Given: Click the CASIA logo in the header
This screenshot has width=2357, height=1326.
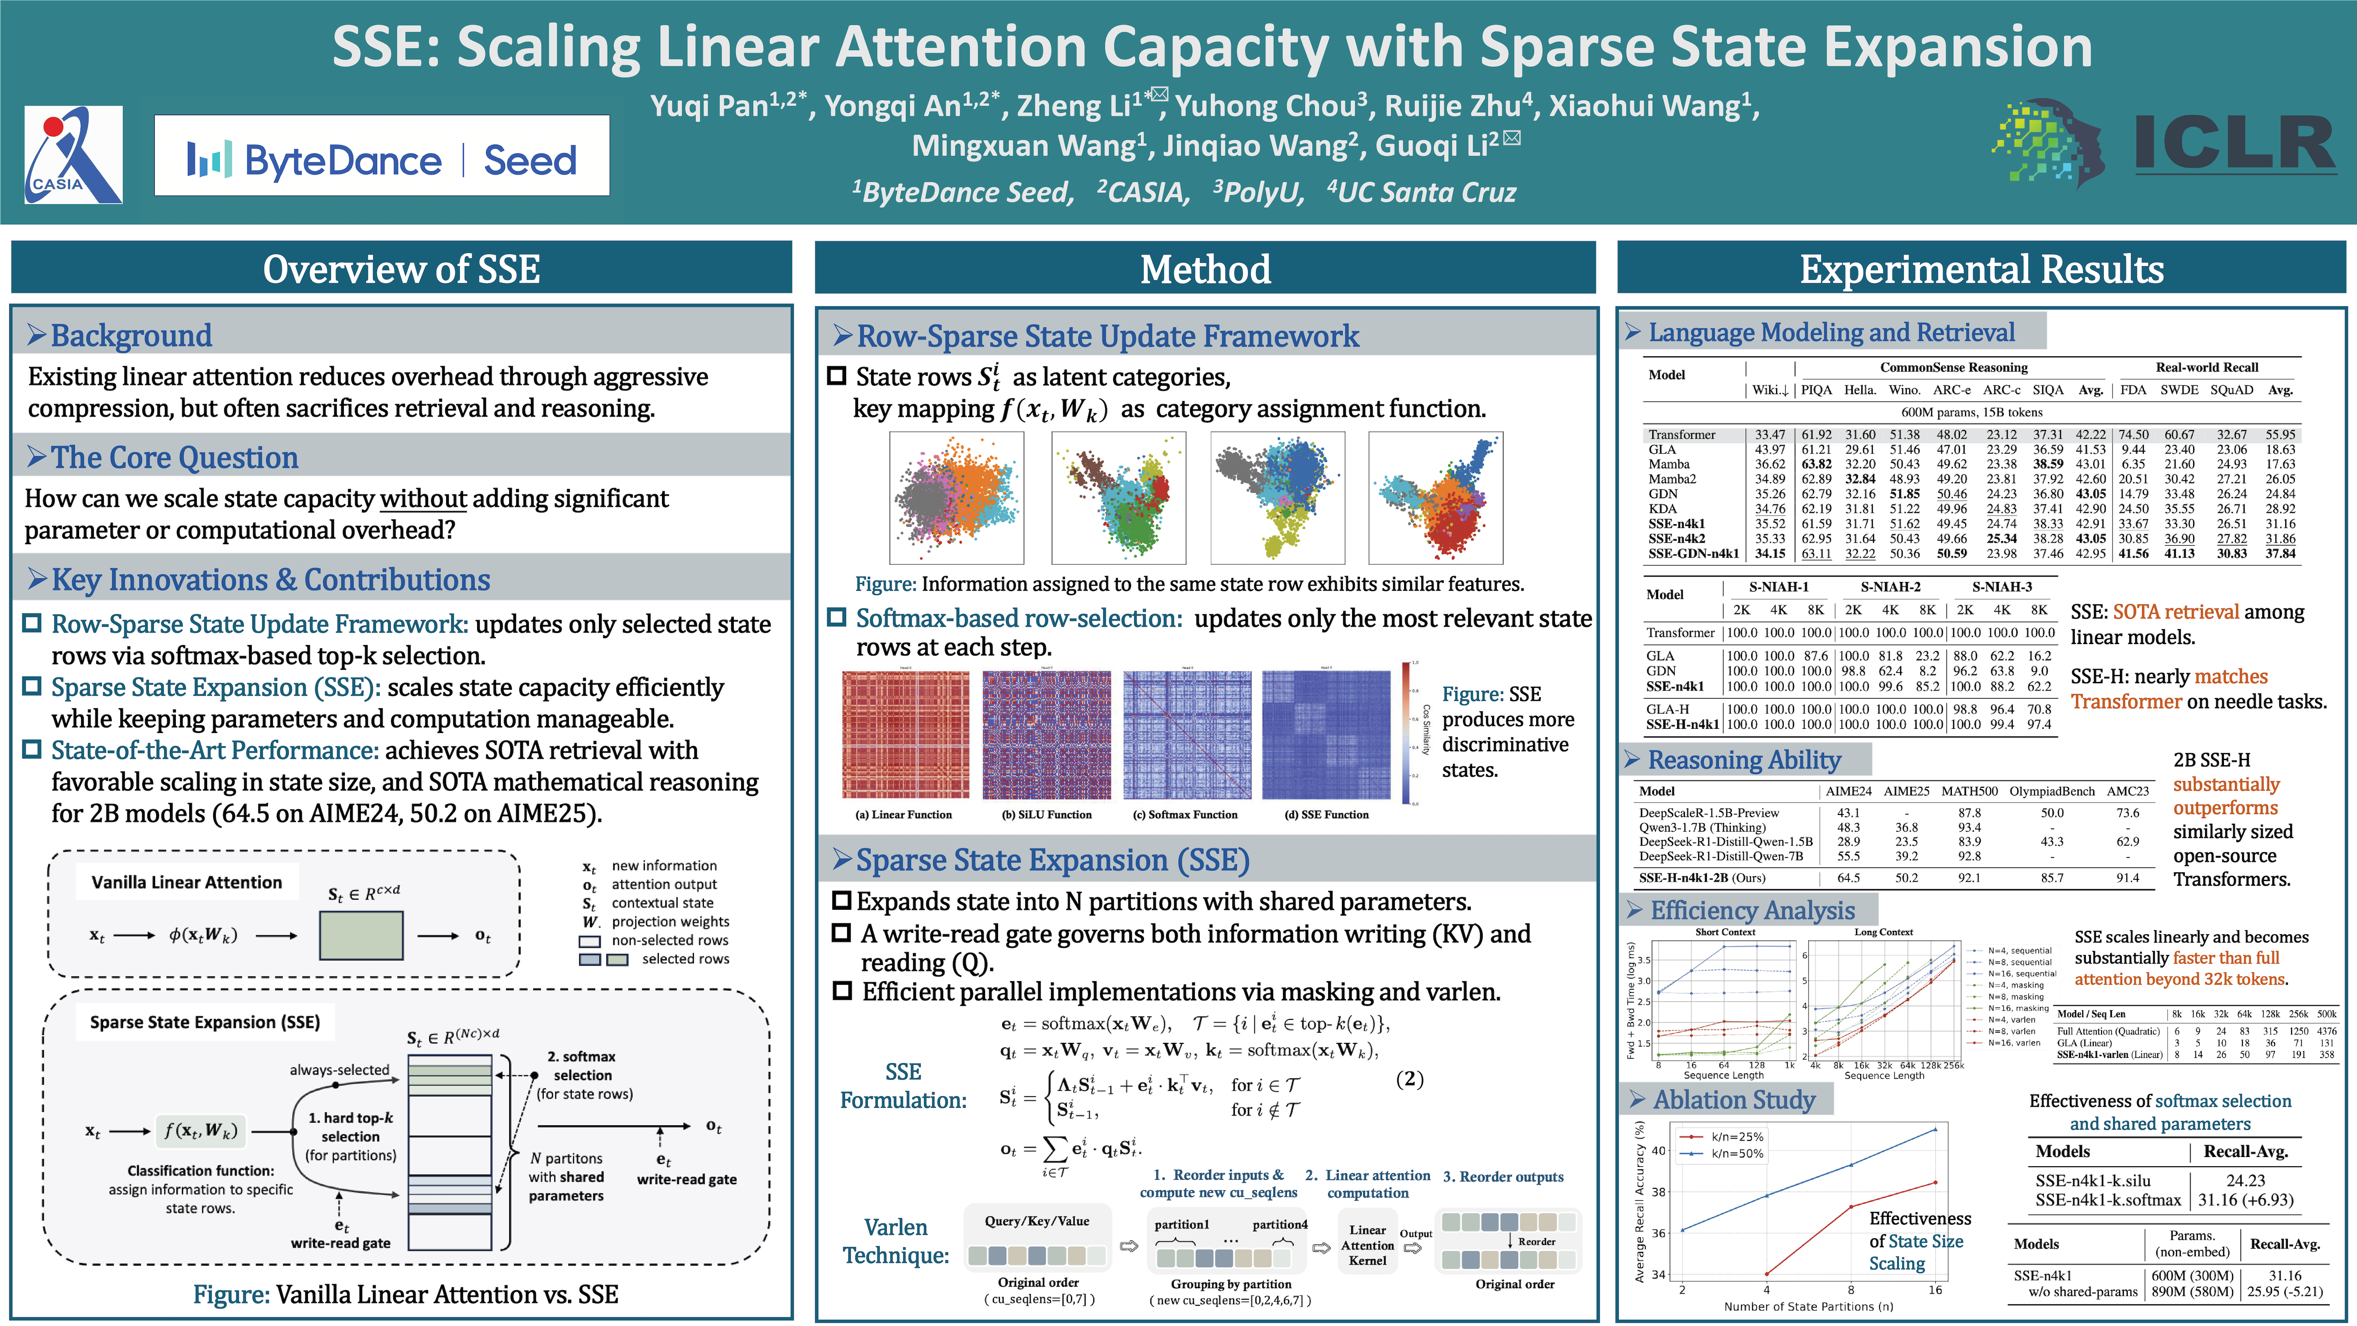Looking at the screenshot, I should [73, 155].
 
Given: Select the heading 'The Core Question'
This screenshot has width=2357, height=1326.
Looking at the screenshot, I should [175, 458].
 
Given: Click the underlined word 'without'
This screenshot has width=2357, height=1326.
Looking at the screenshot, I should [423, 499].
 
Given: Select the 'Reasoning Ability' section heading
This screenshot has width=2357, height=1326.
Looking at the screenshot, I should [1744, 760].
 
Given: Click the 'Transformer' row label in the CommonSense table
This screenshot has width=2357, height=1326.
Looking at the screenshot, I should [1682, 435].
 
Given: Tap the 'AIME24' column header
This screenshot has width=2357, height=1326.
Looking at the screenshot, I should [1848, 791].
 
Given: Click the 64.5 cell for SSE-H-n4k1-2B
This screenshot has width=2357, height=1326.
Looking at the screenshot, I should [1848, 878].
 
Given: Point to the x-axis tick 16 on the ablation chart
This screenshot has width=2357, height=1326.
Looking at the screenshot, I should [1935, 1289].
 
